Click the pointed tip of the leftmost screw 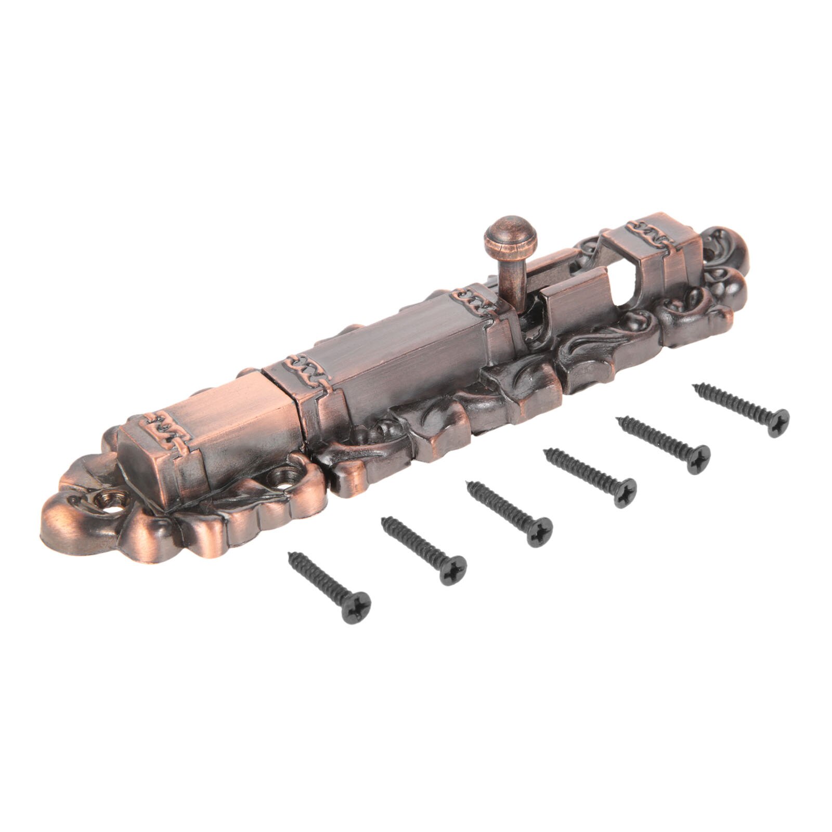click(x=290, y=555)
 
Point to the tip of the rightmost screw click(x=694, y=386)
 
